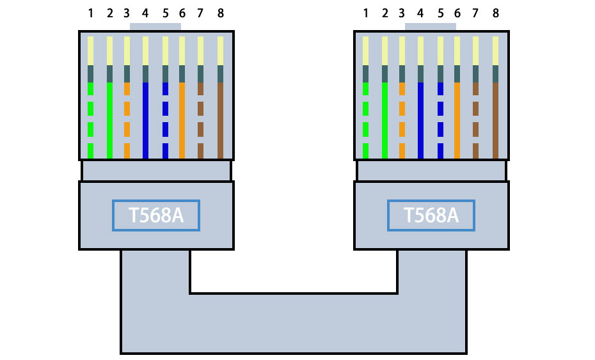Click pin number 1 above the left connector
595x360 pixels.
(x=90, y=13)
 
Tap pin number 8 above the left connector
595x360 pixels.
(x=221, y=13)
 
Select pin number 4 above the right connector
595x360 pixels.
(x=420, y=13)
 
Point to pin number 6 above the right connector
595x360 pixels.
(x=457, y=13)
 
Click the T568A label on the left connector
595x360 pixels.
(x=156, y=215)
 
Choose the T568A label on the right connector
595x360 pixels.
(x=431, y=215)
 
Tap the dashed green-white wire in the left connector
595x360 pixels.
(x=90, y=109)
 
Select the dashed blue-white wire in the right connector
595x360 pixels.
(x=440, y=109)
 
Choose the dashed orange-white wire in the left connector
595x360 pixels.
(x=127, y=109)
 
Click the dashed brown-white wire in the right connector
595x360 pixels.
(x=475, y=109)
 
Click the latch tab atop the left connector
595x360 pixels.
(x=155, y=27)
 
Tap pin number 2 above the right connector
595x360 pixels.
(x=385, y=13)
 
